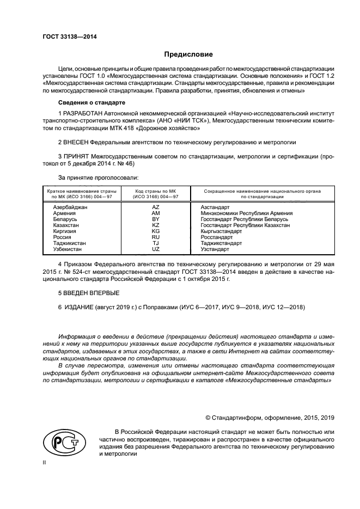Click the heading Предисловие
point(188,54)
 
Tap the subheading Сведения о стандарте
point(92,102)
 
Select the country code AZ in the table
point(155,208)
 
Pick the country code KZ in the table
point(155,225)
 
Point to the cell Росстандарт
point(216,237)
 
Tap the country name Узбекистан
point(68,249)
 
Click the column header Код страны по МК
point(155,192)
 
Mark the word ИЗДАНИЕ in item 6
point(79,308)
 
